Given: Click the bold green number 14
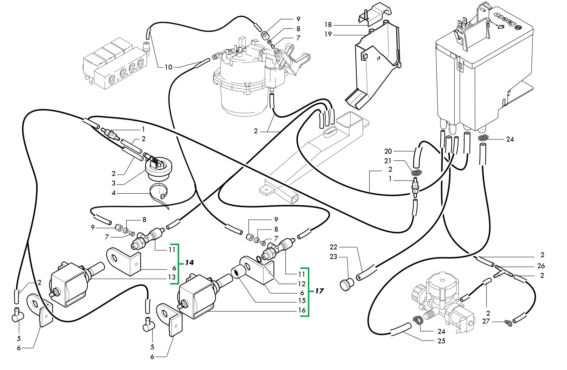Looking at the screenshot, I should coord(189,263).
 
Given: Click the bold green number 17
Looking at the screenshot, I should coord(319,291).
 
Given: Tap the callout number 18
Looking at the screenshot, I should coord(327,24).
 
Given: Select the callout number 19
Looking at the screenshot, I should coord(327,34).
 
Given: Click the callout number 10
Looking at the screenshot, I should coord(168,67).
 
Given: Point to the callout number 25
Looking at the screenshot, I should coord(441,341).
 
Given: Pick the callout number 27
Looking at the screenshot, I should coord(486,321).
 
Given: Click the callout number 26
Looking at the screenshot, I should coord(541,266).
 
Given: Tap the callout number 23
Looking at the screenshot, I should coord(333,256).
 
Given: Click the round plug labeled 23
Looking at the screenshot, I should coord(347,284).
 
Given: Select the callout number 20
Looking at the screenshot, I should coord(388,151).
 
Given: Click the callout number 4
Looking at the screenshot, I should coord(114,193).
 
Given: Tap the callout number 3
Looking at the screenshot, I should coord(114,183).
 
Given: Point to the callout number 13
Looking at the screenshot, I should coord(172,277).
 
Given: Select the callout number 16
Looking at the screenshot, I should coord(302,310).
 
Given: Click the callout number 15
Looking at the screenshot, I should coord(302,300).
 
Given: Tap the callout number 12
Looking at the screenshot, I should coord(302,284).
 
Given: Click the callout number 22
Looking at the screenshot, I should coord(333,247).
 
